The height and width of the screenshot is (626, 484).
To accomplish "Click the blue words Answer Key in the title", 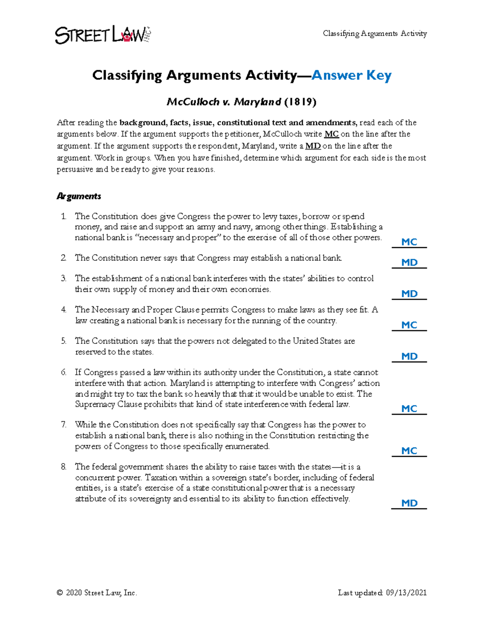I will point(351,75).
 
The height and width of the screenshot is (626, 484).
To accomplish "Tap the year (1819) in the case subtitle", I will point(300,102).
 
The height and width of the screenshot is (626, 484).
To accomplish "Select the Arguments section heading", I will point(79,196).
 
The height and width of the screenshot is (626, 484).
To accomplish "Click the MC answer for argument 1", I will point(409,242).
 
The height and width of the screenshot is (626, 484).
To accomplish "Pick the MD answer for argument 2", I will point(409,262).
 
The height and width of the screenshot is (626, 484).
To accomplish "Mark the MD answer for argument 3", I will point(409,294).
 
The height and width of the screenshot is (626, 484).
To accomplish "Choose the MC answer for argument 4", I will point(409,325).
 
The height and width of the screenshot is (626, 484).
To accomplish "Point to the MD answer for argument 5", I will point(409,356).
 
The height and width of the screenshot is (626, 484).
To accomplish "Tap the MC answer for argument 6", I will point(409,409).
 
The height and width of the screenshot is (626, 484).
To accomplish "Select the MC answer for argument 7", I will point(409,451).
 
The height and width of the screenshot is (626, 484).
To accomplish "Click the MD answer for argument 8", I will point(409,503).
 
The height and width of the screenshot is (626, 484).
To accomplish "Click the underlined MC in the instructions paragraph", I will point(332,134).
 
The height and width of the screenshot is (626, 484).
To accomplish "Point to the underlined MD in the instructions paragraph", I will point(313,146).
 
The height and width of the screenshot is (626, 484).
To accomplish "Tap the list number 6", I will point(64,372).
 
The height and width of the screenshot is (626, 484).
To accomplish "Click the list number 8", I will point(64,467).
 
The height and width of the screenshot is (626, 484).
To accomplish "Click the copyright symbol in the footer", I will point(60,593).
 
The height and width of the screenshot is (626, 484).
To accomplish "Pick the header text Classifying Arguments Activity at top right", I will point(375,34).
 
